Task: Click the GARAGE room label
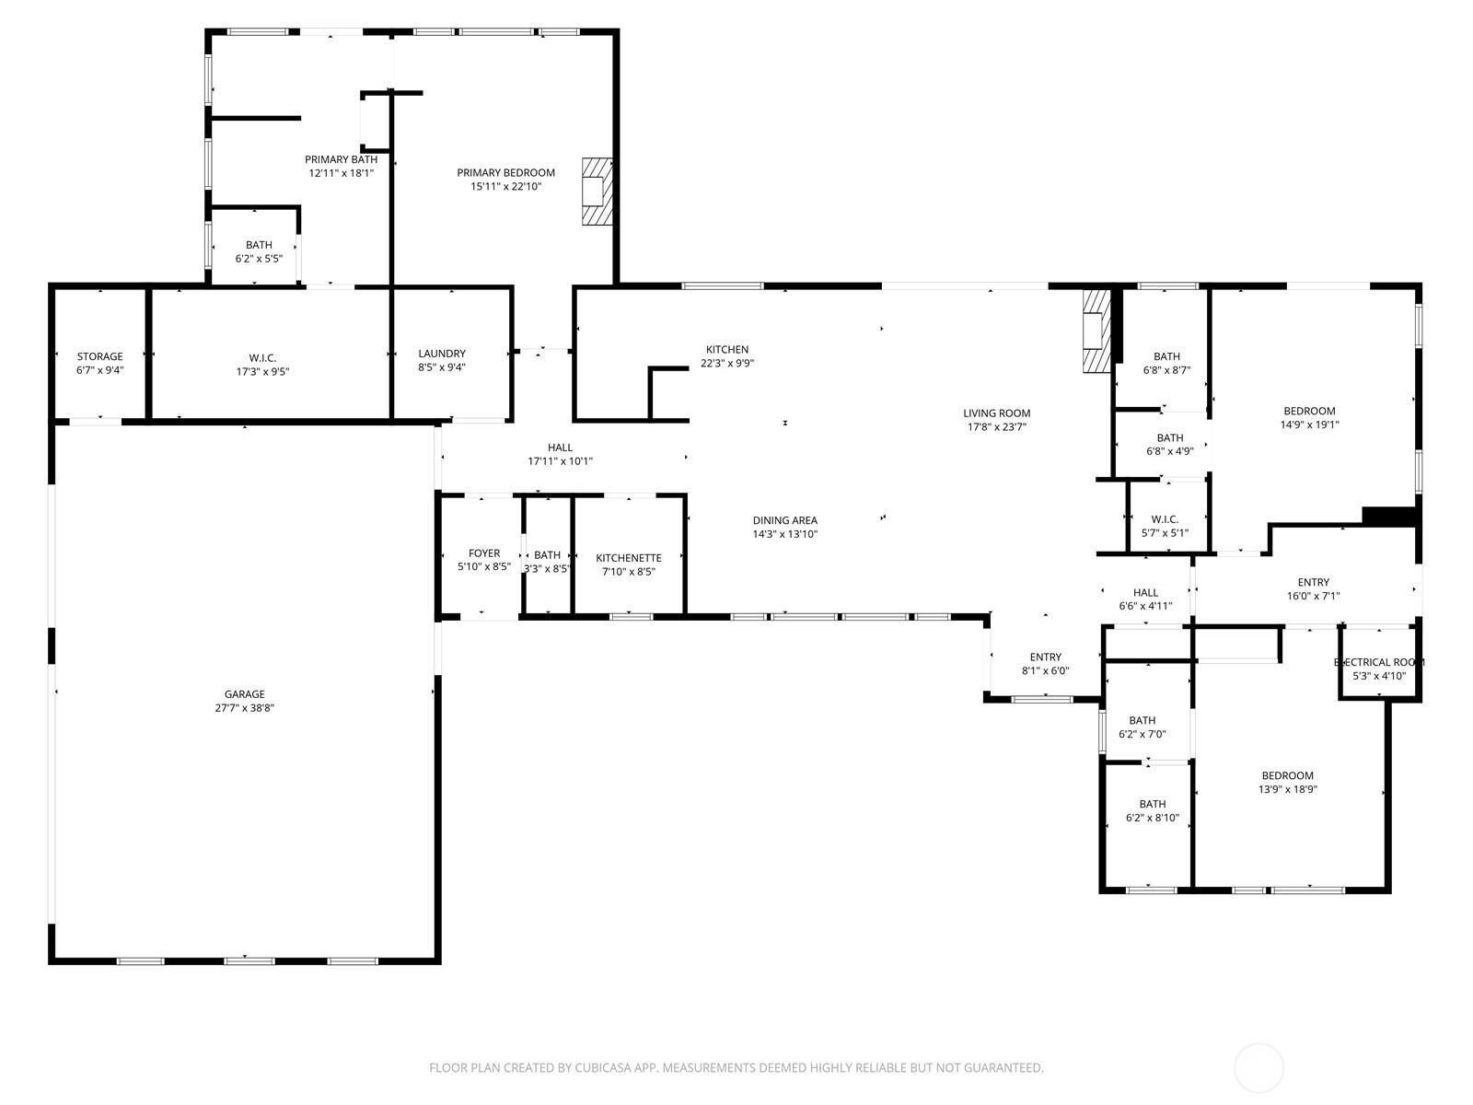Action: point(244,694)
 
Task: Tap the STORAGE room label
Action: point(100,356)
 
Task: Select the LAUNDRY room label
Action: point(442,354)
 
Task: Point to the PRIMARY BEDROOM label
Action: point(506,172)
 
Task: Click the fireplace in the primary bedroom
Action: point(597,192)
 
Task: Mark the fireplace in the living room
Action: point(1096,331)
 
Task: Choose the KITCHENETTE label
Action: point(629,557)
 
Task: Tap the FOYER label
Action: point(484,552)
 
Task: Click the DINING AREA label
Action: point(785,520)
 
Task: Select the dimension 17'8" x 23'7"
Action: point(996,426)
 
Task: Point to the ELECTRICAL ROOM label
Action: point(1379,662)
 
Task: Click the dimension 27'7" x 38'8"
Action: point(244,708)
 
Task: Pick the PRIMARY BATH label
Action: point(341,159)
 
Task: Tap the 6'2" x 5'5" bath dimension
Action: point(259,259)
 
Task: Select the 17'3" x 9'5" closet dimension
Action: point(263,371)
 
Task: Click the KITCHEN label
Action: point(727,350)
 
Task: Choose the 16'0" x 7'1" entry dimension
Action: point(1314,596)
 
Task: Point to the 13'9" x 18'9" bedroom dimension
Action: point(1288,790)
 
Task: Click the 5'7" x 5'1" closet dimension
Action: point(1165,533)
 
